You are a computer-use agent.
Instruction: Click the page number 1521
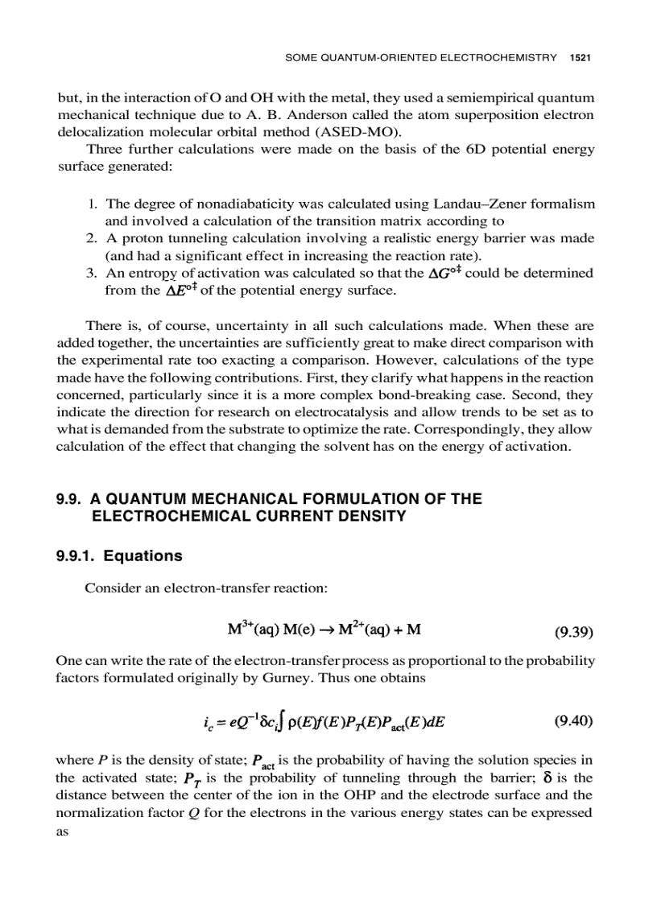click(x=581, y=57)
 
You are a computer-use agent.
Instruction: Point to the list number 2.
click(x=91, y=238)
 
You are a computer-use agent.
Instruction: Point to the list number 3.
click(x=91, y=273)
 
